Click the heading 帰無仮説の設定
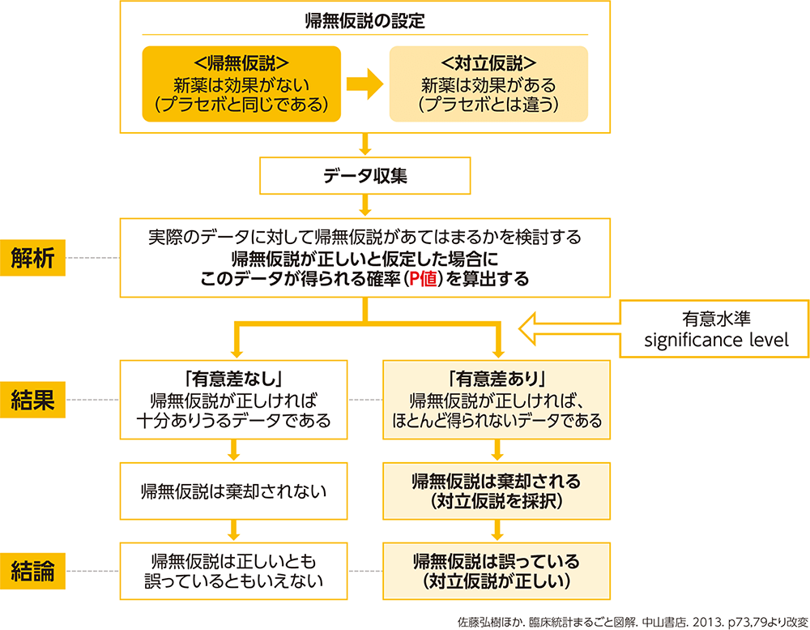click(x=364, y=21)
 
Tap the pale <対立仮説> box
click(x=488, y=84)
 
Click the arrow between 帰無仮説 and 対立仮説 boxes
click(x=364, y=84)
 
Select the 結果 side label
click(x=33, y=400)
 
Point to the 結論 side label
click(x=33, y=572)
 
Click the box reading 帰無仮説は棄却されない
click(x=234, y=491)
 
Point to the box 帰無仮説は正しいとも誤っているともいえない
click(x=234, y=571)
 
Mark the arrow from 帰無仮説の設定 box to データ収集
click(x=364, y=144)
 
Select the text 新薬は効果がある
click(x=488, y=84)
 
